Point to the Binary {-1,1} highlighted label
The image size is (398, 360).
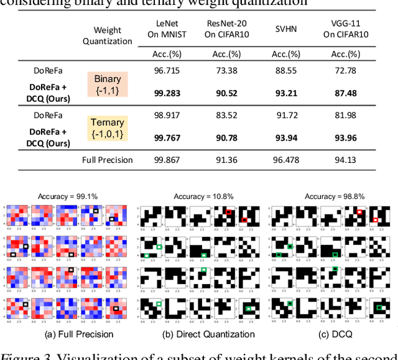pyautogui.click(x=108, y=85)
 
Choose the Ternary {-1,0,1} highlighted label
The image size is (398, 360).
pyautogui.click(x=108, y=128)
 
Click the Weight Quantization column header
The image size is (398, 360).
pyautogui.click(x=108, y=35)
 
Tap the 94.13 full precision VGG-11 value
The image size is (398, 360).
pyautogui.click(x=345, y=160)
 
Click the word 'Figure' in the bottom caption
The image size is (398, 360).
pyautogui.click(x=17, y=355)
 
